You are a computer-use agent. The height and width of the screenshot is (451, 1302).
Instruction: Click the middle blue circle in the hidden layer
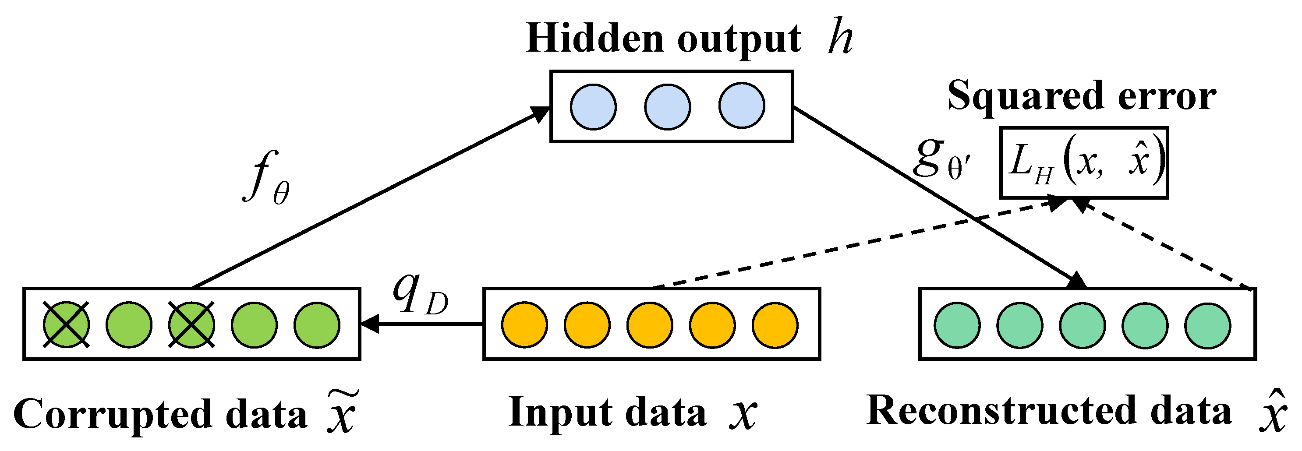pyautogui.click(x=667, y=106)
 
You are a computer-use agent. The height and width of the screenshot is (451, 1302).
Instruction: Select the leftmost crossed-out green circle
pyautogui.click(x=66, y=325)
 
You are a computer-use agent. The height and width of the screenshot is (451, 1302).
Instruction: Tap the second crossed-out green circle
pyautogui.click(x=191, y=325)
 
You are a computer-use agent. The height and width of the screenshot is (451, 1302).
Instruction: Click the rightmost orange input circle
pyautogui.click(x=775, y=325)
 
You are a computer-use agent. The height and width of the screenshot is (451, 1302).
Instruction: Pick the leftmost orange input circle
pyautogui.click(x=524, y=325)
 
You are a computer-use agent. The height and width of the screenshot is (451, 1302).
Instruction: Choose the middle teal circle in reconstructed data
pyautogui.click(x=1082, y=325)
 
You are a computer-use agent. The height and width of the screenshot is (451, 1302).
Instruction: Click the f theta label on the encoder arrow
pyautogui.click(x=265, y=178)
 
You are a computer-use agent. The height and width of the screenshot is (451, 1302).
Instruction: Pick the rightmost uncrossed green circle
pyautogui.click(x=317, y=325)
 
